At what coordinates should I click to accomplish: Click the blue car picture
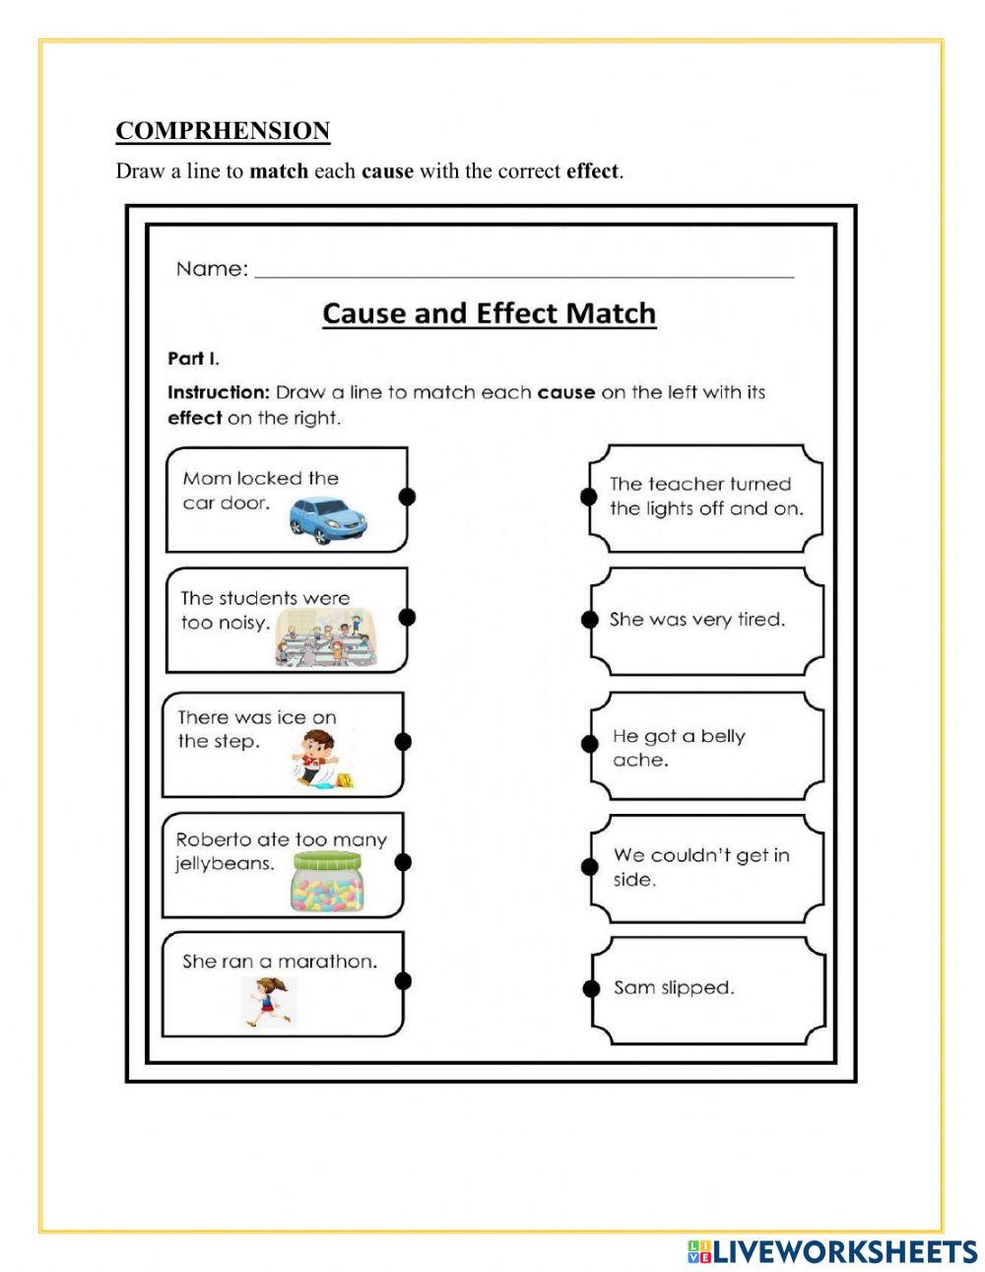[328, 519]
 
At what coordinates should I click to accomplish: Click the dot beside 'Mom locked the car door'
[406, 497]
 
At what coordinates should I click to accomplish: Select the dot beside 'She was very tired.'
[590, 620]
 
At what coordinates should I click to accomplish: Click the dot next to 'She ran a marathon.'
[402, 980]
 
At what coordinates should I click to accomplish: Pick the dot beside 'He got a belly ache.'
[590, 744]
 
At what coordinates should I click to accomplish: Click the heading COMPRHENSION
[223, 131]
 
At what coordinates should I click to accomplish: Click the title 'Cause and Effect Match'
[489, 313]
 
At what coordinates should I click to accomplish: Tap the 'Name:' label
[212, 269]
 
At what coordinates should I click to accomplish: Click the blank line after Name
[524, 276]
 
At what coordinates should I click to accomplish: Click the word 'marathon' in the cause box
[327, 962]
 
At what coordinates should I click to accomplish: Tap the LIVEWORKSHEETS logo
[832, 1251]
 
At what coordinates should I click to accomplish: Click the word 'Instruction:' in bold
[219, 392]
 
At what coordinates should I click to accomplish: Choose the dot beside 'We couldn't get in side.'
[590, 866]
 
